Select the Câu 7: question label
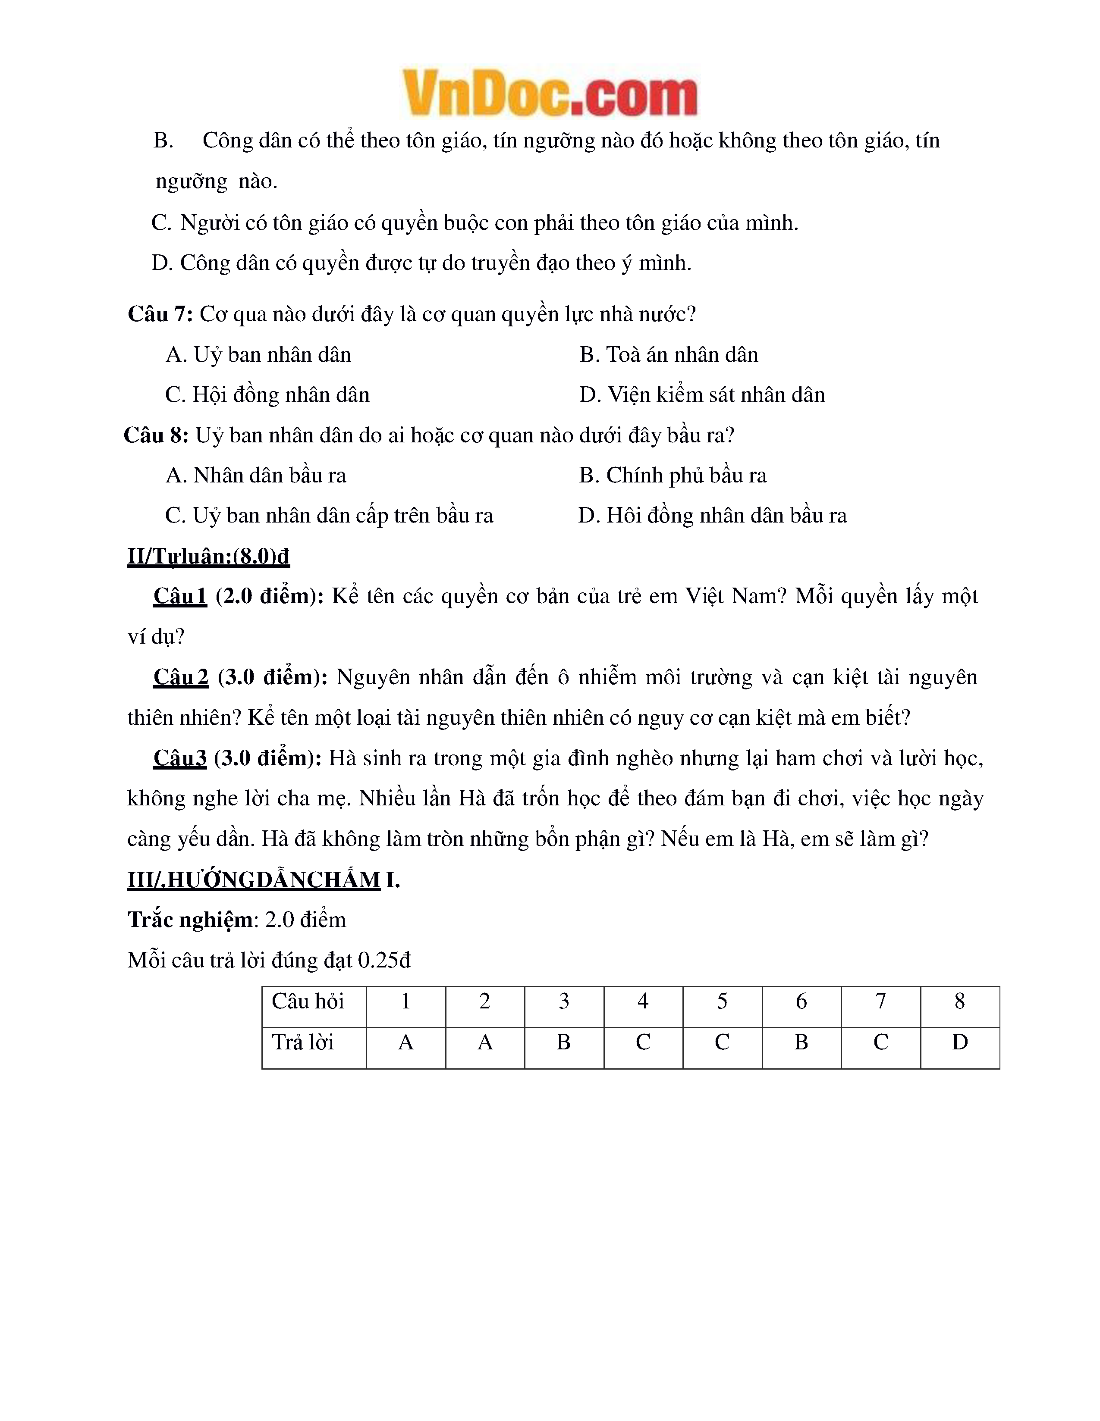coord(160,314)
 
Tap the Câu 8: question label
coord(156,435)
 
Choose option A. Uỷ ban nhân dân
coord(258,354)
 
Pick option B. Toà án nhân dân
coord(669,354)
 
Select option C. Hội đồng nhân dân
coord(267,395)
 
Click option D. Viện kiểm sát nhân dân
coord(702,395)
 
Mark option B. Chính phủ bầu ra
coord(673,476)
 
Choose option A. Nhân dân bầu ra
coord(256,476)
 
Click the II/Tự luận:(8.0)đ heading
coord(208,556)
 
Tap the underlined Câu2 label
coord(181,677)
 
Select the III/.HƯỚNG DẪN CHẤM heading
coord(254,880)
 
